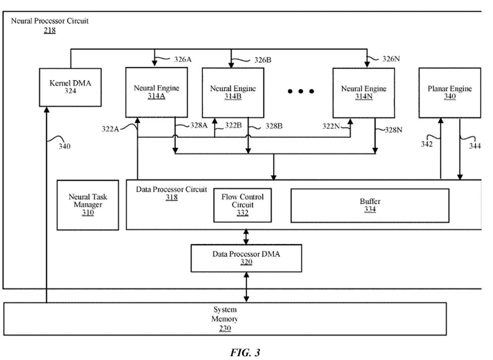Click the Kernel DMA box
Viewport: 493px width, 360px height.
click(70, 87)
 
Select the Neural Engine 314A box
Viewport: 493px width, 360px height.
click(156, 93)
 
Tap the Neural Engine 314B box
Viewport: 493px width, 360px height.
click(233, 93)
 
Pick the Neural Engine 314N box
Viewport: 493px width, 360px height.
click(363, 93)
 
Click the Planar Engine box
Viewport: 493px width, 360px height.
click(450, 93)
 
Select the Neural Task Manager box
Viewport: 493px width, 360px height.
click(88, 205)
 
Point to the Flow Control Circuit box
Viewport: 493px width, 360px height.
click(242, 205)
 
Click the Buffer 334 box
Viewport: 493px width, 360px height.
click(370, 205)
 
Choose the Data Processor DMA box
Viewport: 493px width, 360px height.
click(246, 258)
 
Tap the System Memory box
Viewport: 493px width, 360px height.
click(225, 319)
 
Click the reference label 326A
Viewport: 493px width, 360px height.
click(183, 59)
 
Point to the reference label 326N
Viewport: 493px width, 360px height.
click(391, 59)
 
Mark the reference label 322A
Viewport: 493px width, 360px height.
click(110, 129)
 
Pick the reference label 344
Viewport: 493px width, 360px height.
click(475, 146)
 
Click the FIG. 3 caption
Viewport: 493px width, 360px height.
click(245, 352)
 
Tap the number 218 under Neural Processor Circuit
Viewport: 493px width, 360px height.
click(50, 30)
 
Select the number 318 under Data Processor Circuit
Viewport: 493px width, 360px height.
click(171, 198)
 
